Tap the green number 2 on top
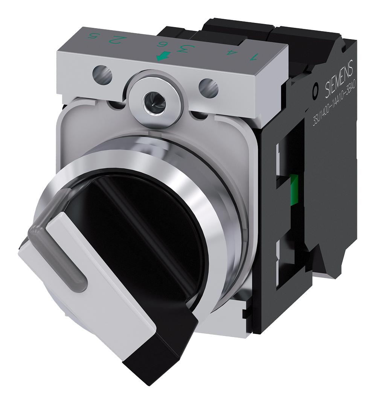(x=120, y=39)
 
